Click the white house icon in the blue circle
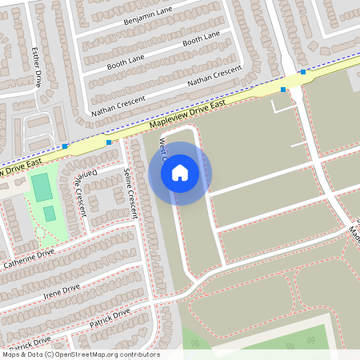(x=180, y=173)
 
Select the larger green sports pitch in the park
(x=40, y=188)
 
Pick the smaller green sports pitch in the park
(x=49, y=214)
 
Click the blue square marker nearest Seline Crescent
(x=109, y=142)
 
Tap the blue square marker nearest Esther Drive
(x=65, y=146)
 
